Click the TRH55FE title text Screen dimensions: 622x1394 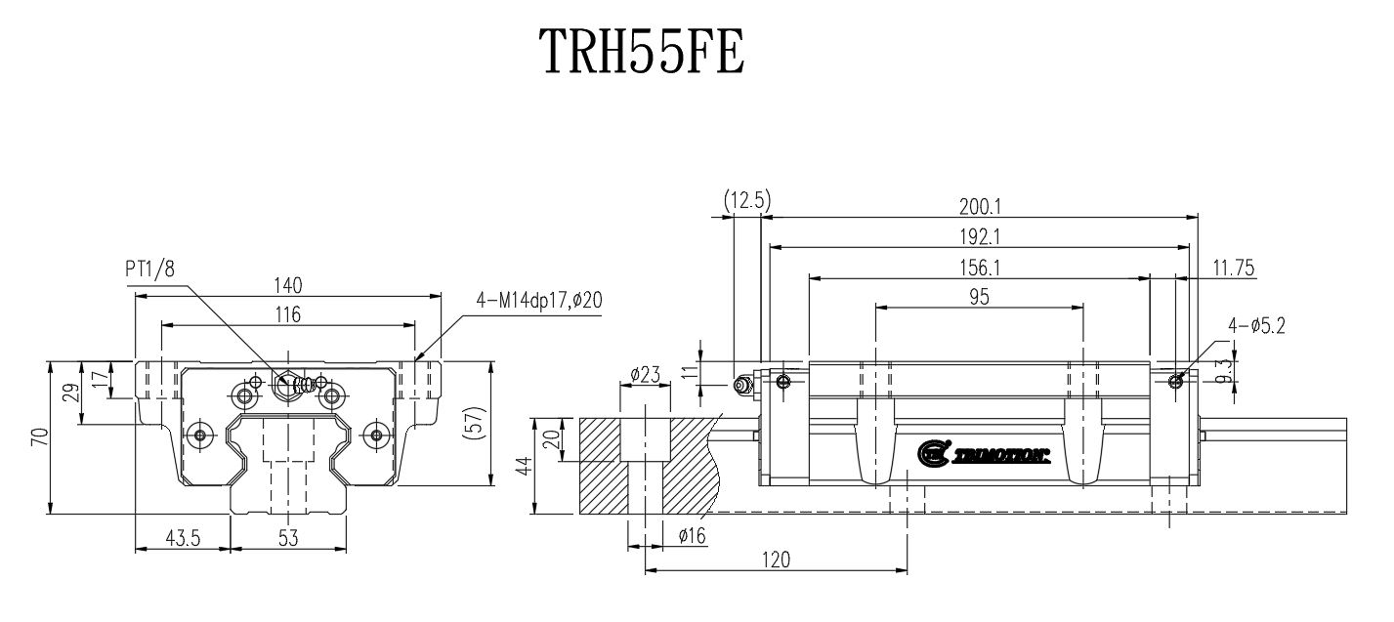pyautogui.click(x=642, y=52)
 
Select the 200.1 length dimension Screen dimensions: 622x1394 pyautogui.click(x=980, y=206)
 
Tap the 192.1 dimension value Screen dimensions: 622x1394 pyautogui.click(x=980, y=236)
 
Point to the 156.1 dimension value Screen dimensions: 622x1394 pyautogui.click(x=980, y=267)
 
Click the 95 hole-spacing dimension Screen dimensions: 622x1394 pyautogui.click(x=980, y=297)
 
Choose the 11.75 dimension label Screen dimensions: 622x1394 pyautogui.click(x=1232, y=267)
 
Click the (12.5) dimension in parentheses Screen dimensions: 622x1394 pyautogui.click(x=747, y=202)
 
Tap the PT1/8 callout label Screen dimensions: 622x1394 pyautogui.click(x=149, y=270)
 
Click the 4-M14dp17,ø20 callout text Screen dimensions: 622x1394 pyautogui.click(x=539, y=301)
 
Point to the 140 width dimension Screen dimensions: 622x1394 pyautogui.click(x=287, y=285)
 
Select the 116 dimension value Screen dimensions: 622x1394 pyautogui.click(x=287, y=314)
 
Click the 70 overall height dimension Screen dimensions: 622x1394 pyautogui.click(x=37, y=438)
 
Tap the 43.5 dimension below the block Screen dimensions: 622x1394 pyautogui.click(x=181, y=537)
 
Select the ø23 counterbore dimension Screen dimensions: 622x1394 pyautogui.click(x=647, y=374)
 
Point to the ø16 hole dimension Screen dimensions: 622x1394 pyautogui.click(x=693, y=535)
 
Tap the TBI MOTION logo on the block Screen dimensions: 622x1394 pyautogui.click(x=983, y=452)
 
